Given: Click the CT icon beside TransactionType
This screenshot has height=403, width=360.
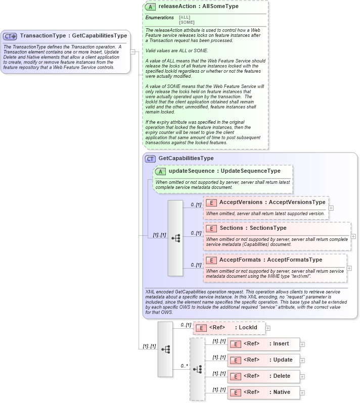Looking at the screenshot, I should pyautogui.click(x=10, y=36).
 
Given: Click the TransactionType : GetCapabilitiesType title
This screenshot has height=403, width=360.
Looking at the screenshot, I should pyautogui.click(x=73, y=36).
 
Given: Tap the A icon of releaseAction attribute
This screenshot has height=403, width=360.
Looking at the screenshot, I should pyautogui.click(x=150, y=7).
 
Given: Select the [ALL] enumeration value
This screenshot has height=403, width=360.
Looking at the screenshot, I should pyautogui.click(x=185, y=18).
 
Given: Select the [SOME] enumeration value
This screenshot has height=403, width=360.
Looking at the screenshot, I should pyautogui.click(x=187, y=22).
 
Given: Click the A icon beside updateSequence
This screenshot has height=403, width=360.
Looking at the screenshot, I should pyautogui.click(x=160, y=171).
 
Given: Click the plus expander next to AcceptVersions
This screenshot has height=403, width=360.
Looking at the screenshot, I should pyautogui.click(x=331, y=208).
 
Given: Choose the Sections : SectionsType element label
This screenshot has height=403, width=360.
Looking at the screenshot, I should pyautogui.click(x=253, y=228).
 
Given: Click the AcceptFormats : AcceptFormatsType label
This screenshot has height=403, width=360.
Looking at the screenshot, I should pyautogui.click(x=271, y=260).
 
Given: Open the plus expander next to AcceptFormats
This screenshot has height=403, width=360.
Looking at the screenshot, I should pyautogui.click(x=349, y=268).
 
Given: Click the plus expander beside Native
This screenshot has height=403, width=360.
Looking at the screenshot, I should pyautogui.click(x=302, y=392).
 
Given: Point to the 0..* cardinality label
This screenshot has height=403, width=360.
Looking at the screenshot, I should pyautogui.click(x=184, y=365).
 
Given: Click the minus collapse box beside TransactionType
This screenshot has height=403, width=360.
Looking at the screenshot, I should pyautogui.click(x=132, y=52).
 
